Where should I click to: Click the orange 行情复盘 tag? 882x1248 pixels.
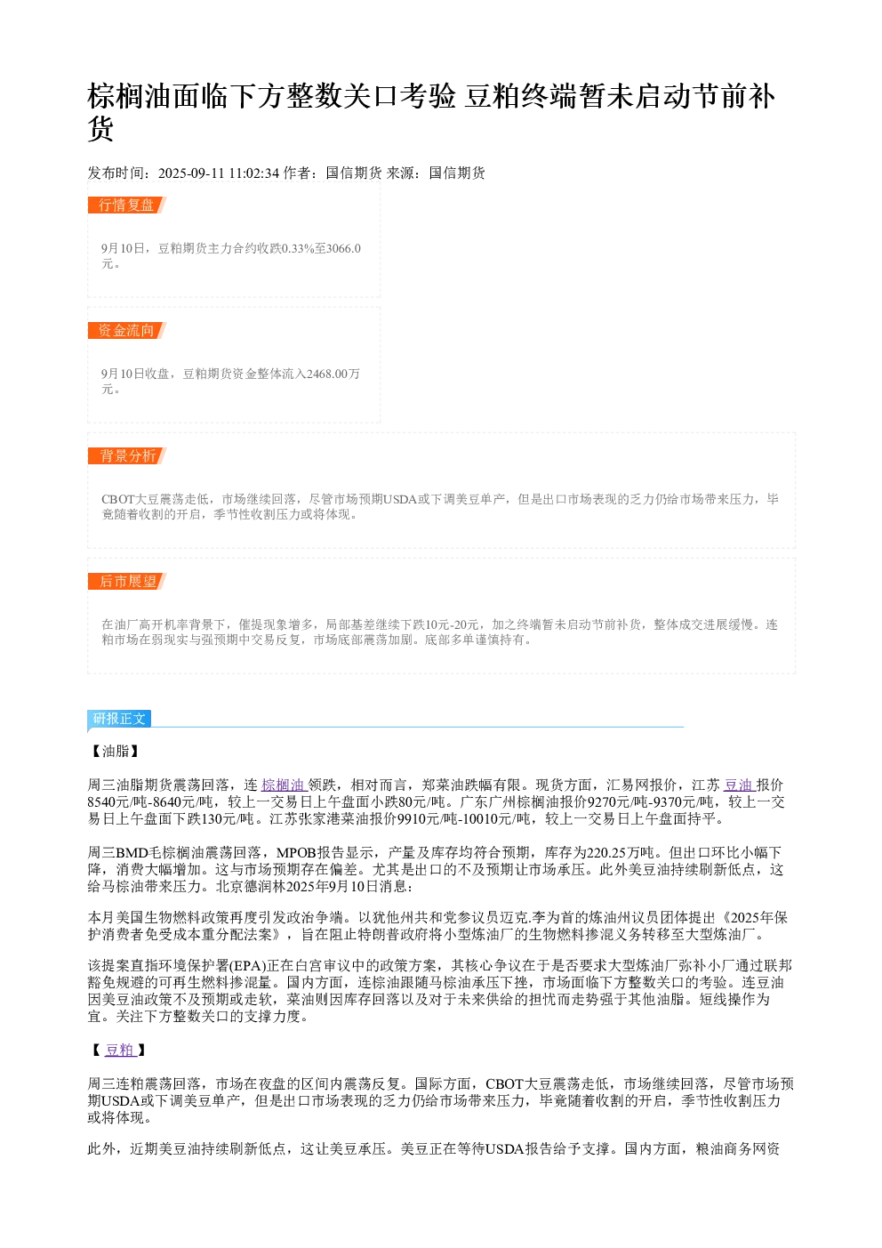point(126,205)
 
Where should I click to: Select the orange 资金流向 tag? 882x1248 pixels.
point(126,330)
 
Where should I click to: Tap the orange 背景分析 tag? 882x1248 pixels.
point(126,455)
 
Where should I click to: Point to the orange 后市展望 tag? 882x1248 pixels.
point(126,581)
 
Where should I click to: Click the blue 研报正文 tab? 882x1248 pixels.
point(119,719)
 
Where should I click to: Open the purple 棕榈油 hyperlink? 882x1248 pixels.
point(284,785)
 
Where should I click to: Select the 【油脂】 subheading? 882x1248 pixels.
point(116,751)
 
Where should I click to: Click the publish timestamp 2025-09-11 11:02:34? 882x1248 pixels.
point(219,173)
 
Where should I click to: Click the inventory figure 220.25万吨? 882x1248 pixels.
point(621,853)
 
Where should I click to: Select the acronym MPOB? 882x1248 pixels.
point(296,853)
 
